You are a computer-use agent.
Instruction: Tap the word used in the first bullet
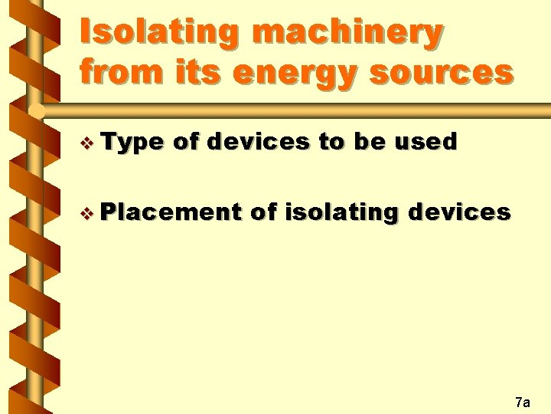(429, 142)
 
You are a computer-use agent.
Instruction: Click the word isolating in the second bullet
(341, 212)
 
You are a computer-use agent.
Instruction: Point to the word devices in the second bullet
(458, 212)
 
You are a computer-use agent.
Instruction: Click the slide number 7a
(523, 401)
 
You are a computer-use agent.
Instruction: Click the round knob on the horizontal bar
(35, 111)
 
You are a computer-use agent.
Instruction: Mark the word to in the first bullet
(333, 142)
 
